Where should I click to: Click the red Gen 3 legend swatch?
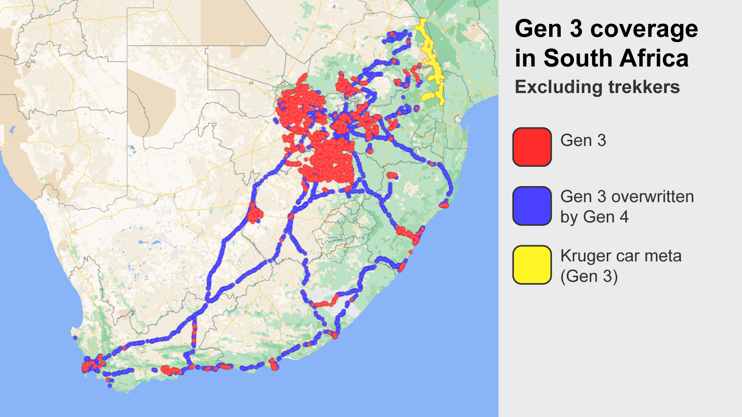tap(532, 147)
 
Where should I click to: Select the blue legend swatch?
tap(532, 206)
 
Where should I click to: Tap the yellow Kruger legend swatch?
tap(532, 265)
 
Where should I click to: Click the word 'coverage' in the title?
tap(644, 30)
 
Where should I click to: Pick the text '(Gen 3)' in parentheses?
tap(589, 276)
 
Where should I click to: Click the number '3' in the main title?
tap(576, 30)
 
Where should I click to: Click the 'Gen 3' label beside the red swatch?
tap(583, 141)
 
